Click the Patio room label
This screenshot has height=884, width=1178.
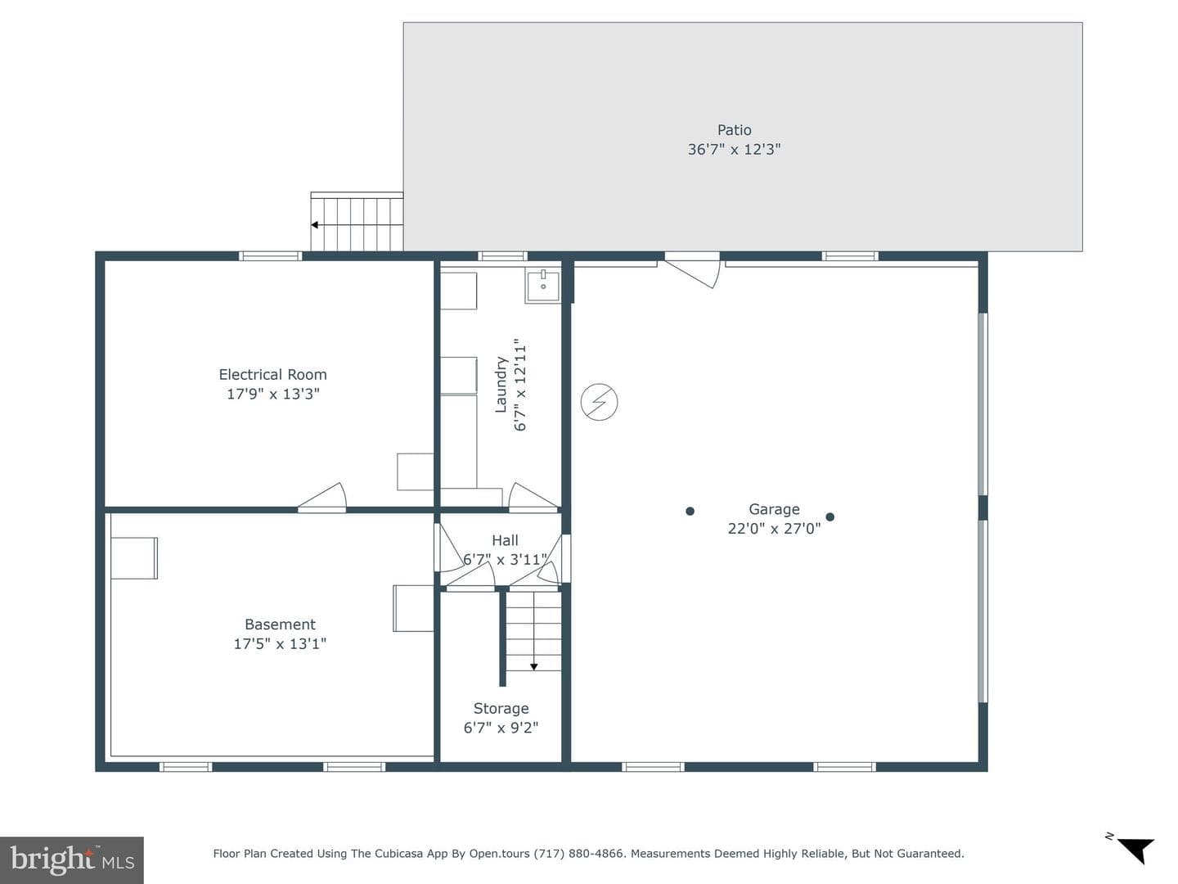tap(734, 130)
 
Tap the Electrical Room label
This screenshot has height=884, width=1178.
tap(272, 375)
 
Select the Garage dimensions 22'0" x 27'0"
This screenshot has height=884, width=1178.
tap(774, 529)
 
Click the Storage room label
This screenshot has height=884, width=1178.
tap(501, 709)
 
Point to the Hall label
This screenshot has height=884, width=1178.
tap(505, 540)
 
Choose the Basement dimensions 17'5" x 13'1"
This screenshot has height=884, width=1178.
tap(280, 643)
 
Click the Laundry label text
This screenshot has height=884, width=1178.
tap(501, 385)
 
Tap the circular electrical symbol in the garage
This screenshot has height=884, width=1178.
tap(599, 401)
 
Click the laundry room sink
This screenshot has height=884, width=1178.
tap(543, 286)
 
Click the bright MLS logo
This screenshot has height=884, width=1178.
tap(72, 860)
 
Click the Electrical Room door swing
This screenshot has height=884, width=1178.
tap(323, 496)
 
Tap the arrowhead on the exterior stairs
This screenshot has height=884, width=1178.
tap(314, 225)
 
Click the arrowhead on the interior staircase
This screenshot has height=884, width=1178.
tap(534, 666)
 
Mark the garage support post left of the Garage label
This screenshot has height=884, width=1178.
tap(690, 511)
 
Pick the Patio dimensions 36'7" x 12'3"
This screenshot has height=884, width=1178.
tap(734, 149)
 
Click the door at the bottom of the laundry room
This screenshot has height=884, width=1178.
tap(533, 496)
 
